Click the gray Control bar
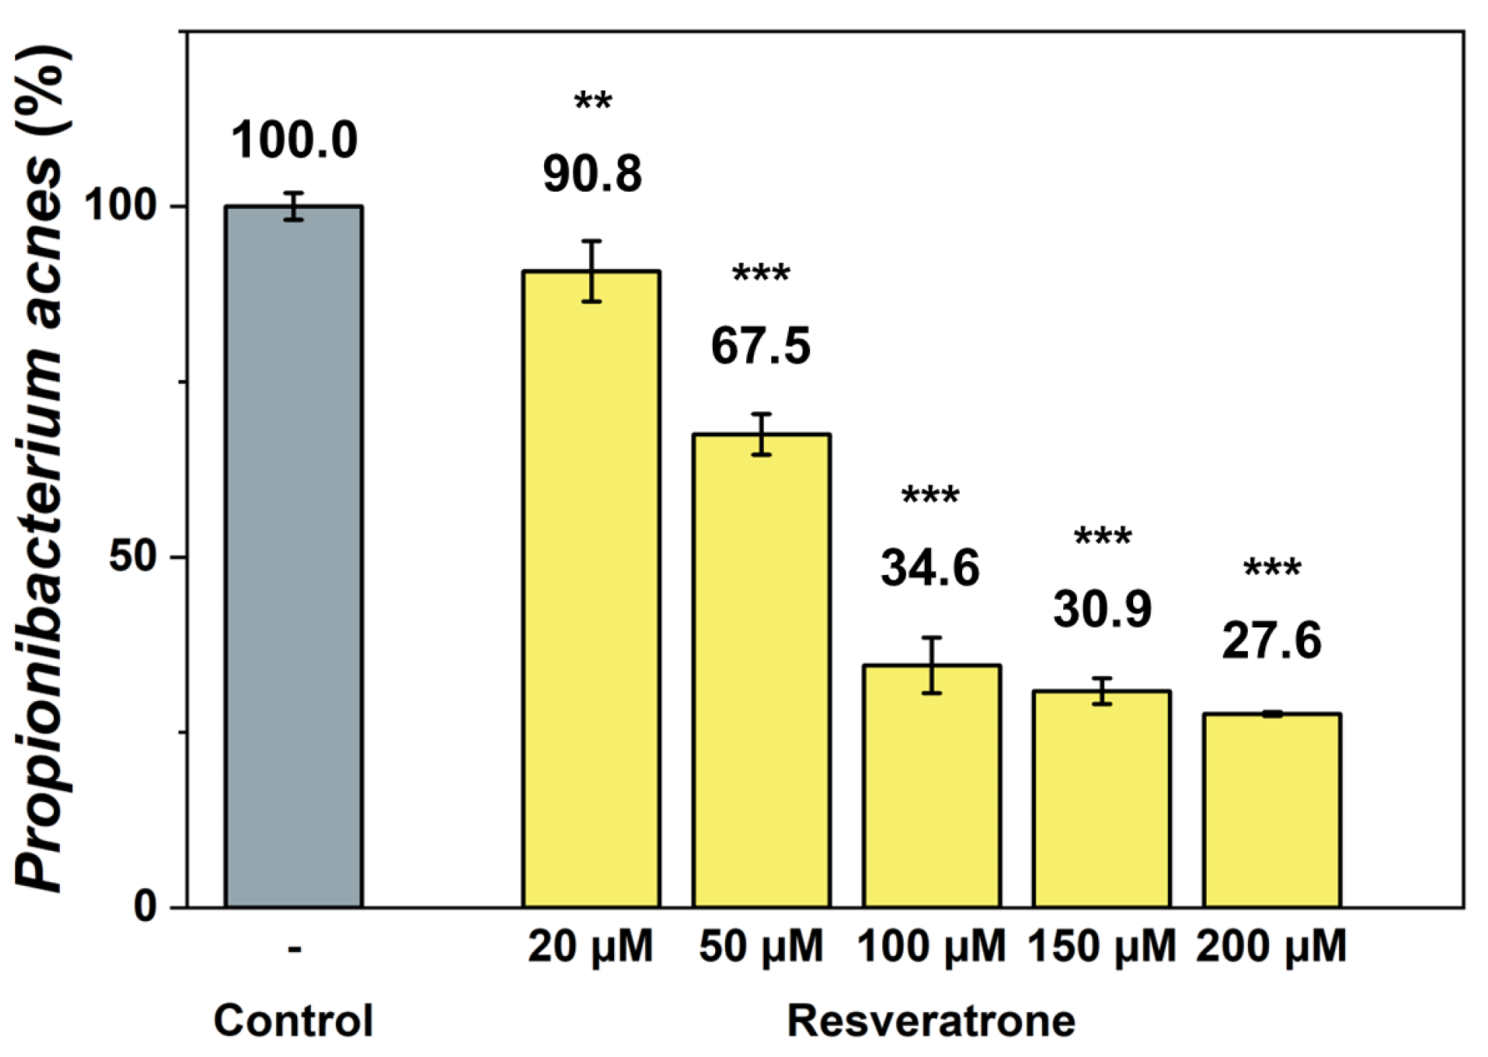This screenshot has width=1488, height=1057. coord(293,555)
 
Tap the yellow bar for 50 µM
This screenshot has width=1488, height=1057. coord(761,669)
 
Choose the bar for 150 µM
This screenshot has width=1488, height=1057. coord(1101,798)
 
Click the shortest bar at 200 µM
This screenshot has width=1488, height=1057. coord(1271,810)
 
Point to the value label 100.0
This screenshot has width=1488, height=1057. coord(293,141)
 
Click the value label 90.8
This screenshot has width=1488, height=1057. coord(592,174)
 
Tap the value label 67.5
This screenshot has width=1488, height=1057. coord(761,346)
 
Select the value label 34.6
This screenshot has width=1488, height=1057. coord(931,568)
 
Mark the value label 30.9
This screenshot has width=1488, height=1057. coord(1102,609)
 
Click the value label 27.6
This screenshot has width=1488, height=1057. coord(1271,641)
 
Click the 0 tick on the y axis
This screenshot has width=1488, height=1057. coord(144,906)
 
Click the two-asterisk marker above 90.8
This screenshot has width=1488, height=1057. coord(593,102)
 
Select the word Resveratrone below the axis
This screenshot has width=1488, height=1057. coord(931,1020)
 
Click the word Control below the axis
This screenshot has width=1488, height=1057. coord(293,1020)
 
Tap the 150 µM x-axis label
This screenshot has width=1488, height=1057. coord(1101,947)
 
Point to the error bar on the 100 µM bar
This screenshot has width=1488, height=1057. coord(932,665)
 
